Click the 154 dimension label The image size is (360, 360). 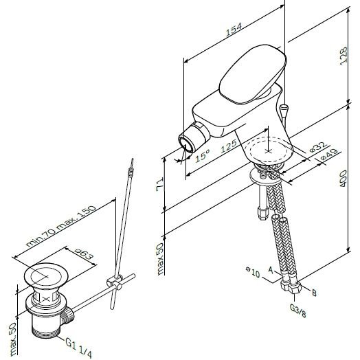point(234,30)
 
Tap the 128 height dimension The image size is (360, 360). point(344,56)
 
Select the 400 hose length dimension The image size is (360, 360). point(344,179)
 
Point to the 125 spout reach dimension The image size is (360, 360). point(229,146)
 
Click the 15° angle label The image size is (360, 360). point(203,155)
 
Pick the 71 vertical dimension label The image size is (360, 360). point(160,184)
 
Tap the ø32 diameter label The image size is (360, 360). point(318,147)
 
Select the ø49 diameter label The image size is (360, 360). point(329,155)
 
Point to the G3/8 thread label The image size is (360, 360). point(297,310)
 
